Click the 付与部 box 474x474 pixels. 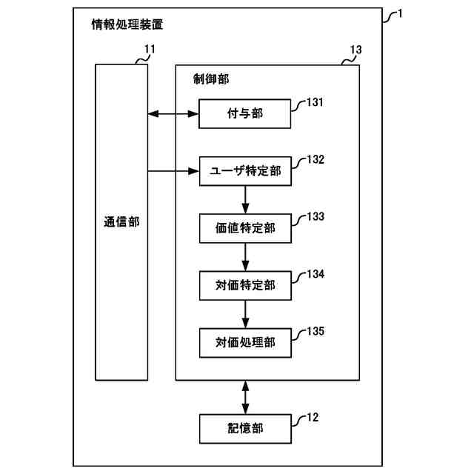(x=245, y=114)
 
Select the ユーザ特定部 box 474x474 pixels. (x=245, y=171)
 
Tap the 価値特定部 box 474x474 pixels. (x=245, y=228)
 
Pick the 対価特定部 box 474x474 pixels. (x=245, y=285)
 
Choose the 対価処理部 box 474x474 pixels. (x=245, y=342)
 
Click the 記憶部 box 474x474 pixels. (x=245, y=427)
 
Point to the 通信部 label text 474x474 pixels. (x=121, y=221)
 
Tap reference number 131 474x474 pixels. (x=315, y=103)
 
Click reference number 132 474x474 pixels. (x=315, y=160)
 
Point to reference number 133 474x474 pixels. (x=315, y=217)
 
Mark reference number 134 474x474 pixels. (x=315, y=274)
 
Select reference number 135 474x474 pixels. (x=315, y=331)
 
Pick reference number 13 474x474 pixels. (x=355, y=50)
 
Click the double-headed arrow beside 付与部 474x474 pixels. (x=173, y=114)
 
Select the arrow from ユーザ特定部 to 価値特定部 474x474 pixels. (x=245, y=199)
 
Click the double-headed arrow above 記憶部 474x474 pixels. (x=245, y=397)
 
